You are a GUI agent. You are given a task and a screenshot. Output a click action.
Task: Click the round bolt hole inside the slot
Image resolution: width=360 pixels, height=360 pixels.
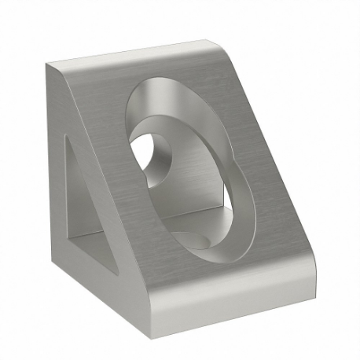(149, 152)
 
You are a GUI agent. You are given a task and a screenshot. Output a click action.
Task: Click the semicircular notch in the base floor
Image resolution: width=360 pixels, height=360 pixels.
(193, 238)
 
